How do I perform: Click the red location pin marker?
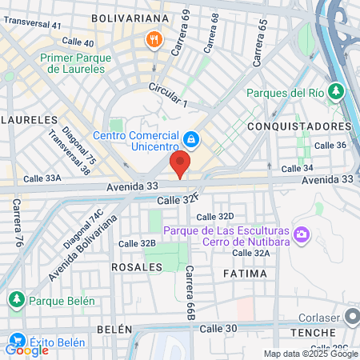click(x=180, y=164)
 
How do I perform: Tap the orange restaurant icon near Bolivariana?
click(x=152, y=39)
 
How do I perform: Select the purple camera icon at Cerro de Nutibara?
click(x=302, y=234)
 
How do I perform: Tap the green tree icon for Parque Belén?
click(x=15, y=300)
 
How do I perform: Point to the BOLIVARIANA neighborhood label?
click(x=130, y=17)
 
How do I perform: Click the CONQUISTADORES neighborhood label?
click(x=310, y=126)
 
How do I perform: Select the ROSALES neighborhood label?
click(x=132, y=266)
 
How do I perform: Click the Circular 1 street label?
click(x=168, y=94)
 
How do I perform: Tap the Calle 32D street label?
click(x=214, y=216)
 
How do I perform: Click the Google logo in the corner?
click(x=26, y=349)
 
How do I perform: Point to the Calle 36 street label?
click(x=330, y=145)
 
